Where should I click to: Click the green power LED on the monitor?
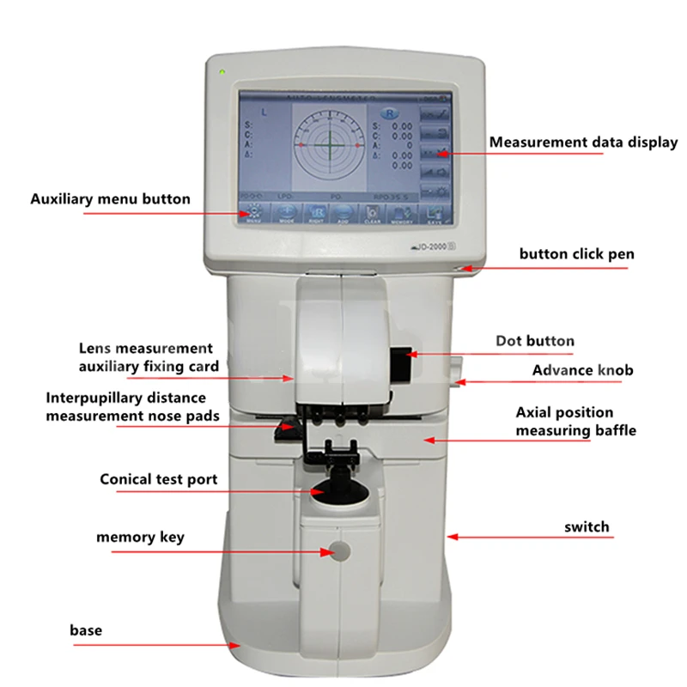point(222,71)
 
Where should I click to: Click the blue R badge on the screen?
point(391,113)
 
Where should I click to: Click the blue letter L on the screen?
point(264,112)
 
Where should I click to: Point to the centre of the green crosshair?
point(325,145)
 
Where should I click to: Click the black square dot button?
point(399,362)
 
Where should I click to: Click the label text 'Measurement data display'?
point(583,143)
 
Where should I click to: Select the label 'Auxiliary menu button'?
point(111,198)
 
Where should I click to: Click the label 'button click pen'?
point(577,254)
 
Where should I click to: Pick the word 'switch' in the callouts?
point(587,526)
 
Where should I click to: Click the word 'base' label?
point(86,630)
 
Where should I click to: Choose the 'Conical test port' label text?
point(159,479)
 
